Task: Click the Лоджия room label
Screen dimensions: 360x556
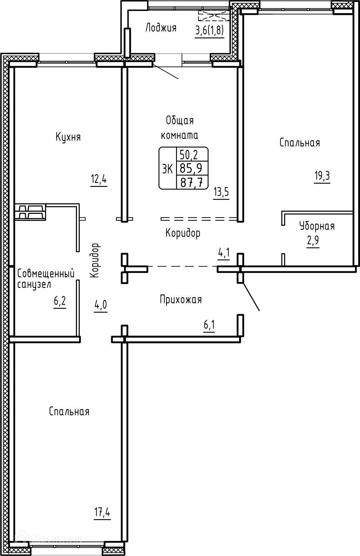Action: pyautogui.click(x=161, y=28)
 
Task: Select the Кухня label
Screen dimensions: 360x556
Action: pyautogui.click(x=68, y=137)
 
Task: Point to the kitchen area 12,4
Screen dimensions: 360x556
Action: pyautogui.click(x=99, y=180)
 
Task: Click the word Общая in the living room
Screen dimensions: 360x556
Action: pyautogui.click(x=180, y=121)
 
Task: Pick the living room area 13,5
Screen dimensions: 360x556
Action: pyautogui.click(x=221, y=192)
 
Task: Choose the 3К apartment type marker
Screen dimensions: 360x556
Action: pyautogui.click(x=167, y=169)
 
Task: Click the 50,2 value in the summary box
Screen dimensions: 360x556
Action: pyautogui.click(x=189, y=155)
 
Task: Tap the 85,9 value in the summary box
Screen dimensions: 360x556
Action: pyautogui.click(x=191, y=168)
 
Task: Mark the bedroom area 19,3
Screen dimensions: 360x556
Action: pyautogui.click(x=322, y=176)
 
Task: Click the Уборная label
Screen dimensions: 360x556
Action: pyautogui.click(x=317, y=226)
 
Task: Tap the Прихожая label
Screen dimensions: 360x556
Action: pyautogui.click(x=181, y=300)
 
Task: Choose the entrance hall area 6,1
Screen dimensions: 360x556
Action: pyautogui.click(x=209, y=326)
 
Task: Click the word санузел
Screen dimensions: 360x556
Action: pyautogui.click(x=34, y=285)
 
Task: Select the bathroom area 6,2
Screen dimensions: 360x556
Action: pyautogui.click(x=60, y=302)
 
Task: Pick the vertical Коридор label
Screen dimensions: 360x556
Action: pyautogui.click(x=95, y=261)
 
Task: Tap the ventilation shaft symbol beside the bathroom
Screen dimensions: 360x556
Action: pyautogui.click(x=30, y=212)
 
